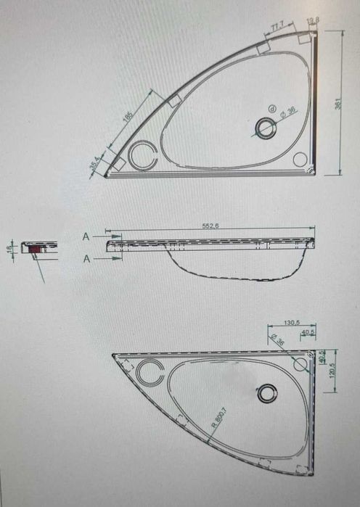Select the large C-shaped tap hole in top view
(142, 154)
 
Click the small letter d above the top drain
(271, 109)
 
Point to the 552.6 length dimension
(210, 226)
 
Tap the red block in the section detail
(34, 248)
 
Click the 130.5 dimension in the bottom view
(292, 322)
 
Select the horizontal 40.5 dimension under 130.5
(308, 333)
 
